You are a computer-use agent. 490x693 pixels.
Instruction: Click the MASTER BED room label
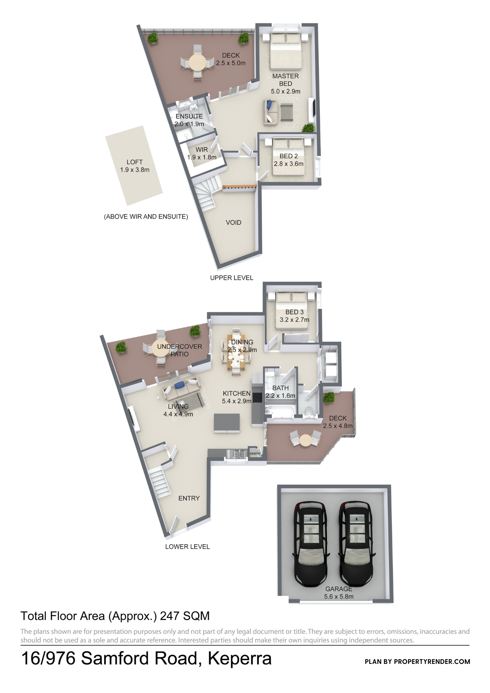pyautogui.click(x=286, y=80)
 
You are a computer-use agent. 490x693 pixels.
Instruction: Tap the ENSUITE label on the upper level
pyautogui.click(x=189, y=116)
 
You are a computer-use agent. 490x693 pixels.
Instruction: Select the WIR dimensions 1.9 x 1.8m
pyautogui.click(x=202, y=157)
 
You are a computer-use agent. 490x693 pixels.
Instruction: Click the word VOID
pyautogui.click(x=233, y=223)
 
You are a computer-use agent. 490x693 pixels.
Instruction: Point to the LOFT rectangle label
pyautogui.click(x=135, y=162)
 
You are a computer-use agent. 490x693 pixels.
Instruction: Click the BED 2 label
pyautogui.click(x=289, y=156)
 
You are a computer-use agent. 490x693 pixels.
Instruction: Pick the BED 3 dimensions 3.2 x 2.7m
pyautogui.click(x=294, y=320)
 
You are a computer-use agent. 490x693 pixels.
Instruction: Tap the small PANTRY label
pyautogui.click(x=255, y=453)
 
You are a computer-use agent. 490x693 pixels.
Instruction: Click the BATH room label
pyautogui.click(x=281, y=388)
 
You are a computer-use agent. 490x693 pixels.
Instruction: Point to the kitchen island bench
pyautogui.click(x=227, y=423)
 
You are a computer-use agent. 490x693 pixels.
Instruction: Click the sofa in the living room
pyautogui.click(x=181, y=393)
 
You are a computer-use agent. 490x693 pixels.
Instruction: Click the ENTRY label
pyautogui.click(x=189, y=498)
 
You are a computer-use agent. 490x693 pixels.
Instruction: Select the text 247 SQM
pyautogui.click(x=185, y=616)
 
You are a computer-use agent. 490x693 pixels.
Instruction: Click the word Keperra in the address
pyautogui.click(x=240, y=658)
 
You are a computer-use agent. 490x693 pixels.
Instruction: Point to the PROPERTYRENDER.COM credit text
pyautogui.click(x=432, y=662)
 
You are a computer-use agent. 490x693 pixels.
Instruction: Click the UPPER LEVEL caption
pyautogui.click(x=232, y=278)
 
